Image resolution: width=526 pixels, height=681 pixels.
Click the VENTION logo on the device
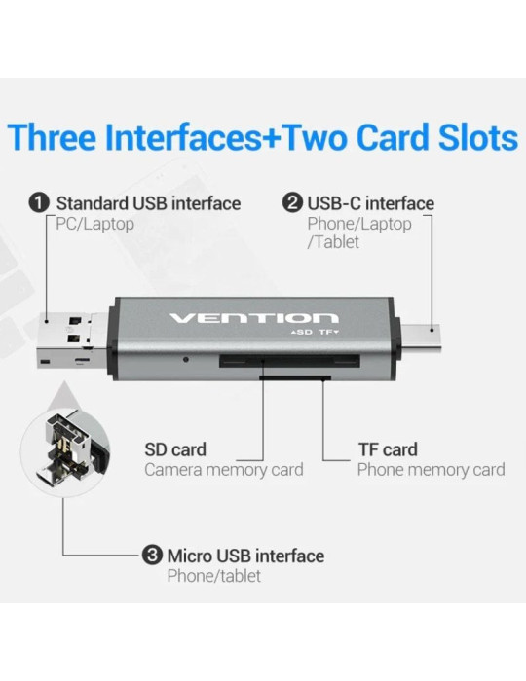253,318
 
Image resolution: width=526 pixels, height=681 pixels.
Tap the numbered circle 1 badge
39,203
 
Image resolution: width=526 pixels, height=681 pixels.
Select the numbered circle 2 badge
291,203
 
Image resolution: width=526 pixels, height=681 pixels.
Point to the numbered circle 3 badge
152,556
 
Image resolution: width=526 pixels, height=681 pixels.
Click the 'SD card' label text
175,449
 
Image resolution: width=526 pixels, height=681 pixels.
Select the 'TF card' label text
387,449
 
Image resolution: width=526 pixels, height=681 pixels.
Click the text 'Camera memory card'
224,470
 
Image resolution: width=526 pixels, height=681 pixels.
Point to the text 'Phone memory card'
431,470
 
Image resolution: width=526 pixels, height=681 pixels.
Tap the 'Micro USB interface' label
245,556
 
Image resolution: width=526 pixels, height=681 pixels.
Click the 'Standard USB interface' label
148,203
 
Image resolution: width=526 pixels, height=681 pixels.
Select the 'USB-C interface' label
371,203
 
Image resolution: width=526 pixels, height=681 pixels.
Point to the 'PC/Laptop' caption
94,224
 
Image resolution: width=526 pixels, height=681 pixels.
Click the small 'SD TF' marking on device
315,334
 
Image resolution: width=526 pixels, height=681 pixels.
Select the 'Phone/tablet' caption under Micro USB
214,576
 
